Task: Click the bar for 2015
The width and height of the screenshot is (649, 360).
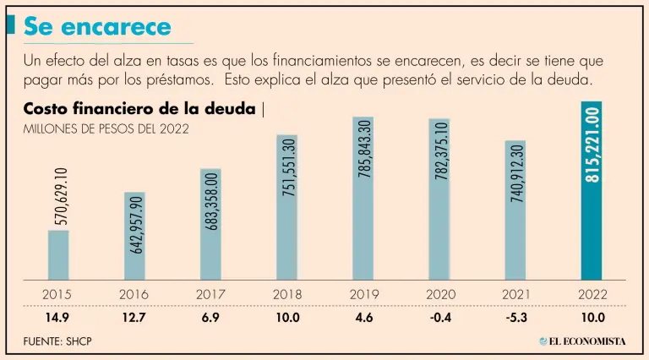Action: coord(58,254)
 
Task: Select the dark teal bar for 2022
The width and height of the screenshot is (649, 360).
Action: coord(591,190)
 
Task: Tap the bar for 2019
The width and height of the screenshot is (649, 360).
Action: coord(363,198)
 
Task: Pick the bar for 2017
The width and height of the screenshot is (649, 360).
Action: coord(210,224)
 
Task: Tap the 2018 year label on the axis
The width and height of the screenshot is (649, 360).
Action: coord(286,295)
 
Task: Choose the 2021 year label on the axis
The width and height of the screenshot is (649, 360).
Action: coord(515,295)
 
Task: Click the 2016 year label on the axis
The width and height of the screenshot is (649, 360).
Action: coord(134,295)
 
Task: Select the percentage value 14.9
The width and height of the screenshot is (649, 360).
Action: coord(58,317)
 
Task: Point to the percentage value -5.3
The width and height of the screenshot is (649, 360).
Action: coord(515,317)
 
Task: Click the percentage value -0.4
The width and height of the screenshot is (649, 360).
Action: coord(439,317)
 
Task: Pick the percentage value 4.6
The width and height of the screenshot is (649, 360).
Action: coord(363,317)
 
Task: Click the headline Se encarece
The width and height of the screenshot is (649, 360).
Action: coord(97,27)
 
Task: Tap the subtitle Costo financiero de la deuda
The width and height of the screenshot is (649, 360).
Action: coord(140,110)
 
